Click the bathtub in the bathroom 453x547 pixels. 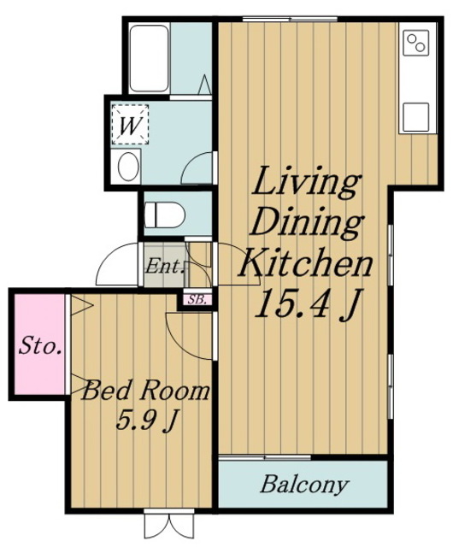click(x=150, y=58)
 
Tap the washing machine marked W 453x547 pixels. click(x=130, y=125)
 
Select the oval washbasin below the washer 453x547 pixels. click(x=128, y=167)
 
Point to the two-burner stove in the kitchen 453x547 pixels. click(x=415, y=43)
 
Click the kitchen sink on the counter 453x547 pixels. click(x=415, y=117)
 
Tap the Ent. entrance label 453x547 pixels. click(x=165, y=268)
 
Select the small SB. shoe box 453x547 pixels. click(x=197, y=300)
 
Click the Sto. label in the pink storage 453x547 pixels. click(x=40, y=346)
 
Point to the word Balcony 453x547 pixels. click(x=304, y=485)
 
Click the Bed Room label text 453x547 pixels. click(x=145, y=391)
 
